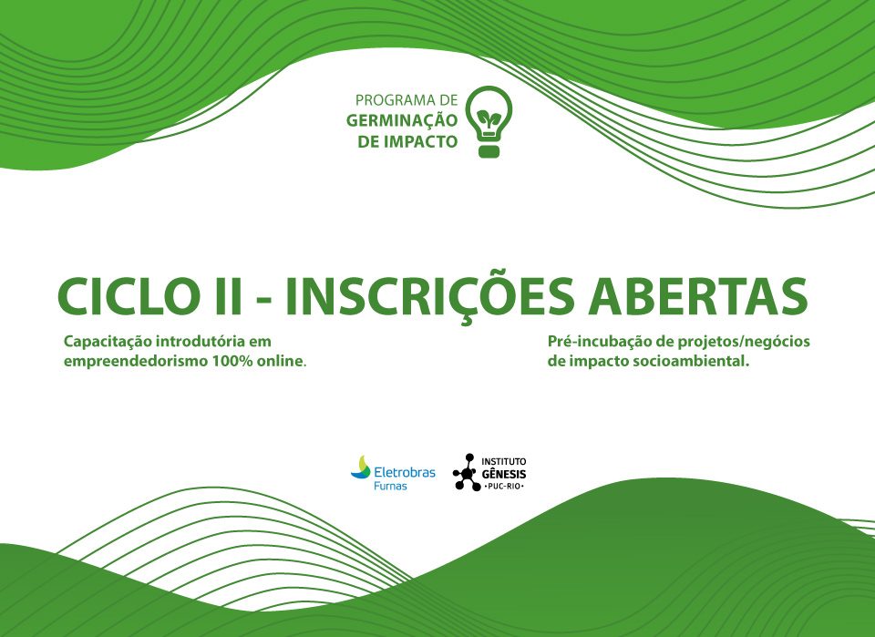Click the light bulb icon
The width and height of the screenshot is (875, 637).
coord(489,121)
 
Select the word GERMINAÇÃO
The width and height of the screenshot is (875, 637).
coord(402,121)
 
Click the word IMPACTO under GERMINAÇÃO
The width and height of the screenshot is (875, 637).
coord(422,141)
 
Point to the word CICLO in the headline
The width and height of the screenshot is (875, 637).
coord(125,295)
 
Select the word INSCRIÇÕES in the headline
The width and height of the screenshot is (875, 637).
coord(429,297)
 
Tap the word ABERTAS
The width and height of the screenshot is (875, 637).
coord(698,295)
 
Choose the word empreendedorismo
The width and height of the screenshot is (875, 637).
coord(135,362)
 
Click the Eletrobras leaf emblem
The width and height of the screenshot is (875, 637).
coord(361,467)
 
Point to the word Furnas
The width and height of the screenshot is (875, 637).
coord(390,486)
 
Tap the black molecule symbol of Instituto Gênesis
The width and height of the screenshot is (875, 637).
coord(466,472)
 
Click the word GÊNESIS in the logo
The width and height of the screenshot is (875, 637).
coord(504,474)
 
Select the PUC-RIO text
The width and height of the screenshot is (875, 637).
coord(504,487)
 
